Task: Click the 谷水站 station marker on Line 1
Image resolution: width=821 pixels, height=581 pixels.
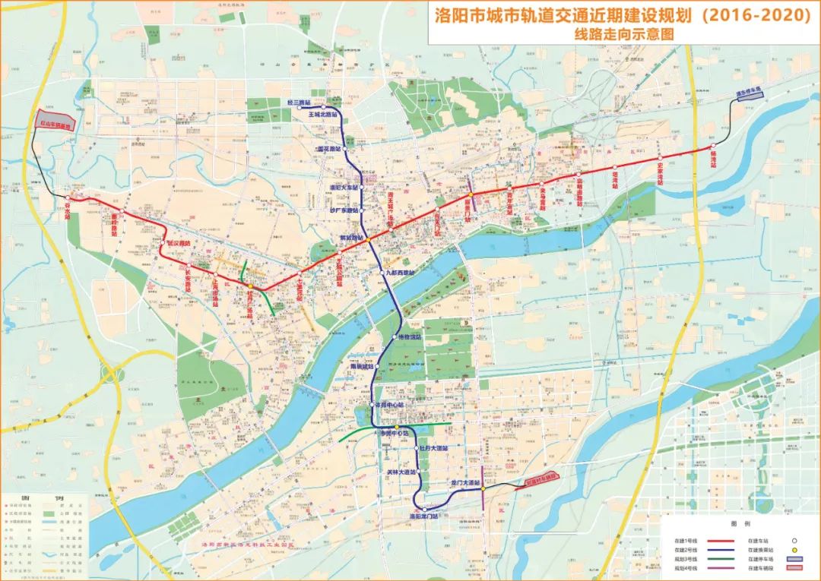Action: pos(68,197)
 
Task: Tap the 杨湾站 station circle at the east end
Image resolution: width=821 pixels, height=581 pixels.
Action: pos(713,146)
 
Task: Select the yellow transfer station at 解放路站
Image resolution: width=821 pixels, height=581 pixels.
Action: pos(366,240)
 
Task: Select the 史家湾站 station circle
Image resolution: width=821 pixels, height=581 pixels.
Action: pos(661,162)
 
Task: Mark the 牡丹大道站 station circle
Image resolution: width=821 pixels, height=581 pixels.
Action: pos(416,449)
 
